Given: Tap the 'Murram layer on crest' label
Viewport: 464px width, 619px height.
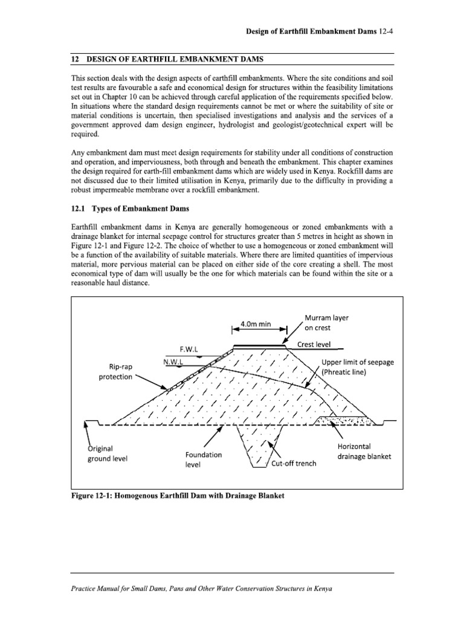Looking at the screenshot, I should [x=327, y=323].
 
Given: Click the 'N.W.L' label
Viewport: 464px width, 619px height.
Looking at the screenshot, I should [x=173, y=361].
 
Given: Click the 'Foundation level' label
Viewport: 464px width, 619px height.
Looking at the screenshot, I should [x=204, y=459].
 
